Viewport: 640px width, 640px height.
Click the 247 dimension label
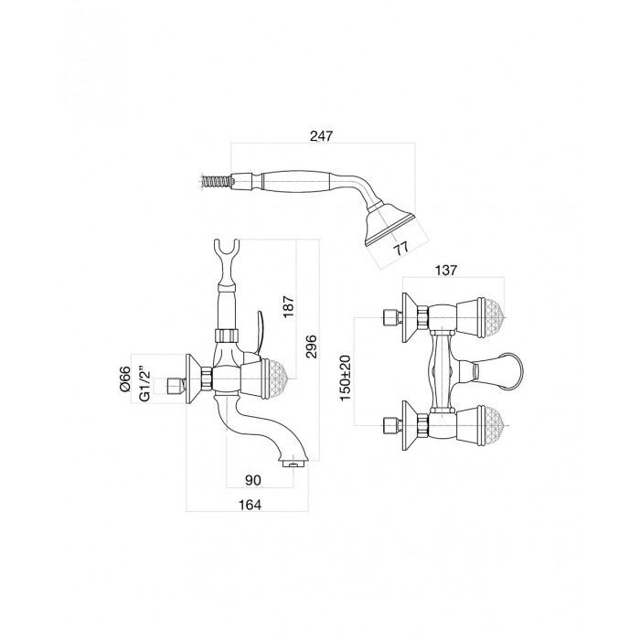[x=322, y=136]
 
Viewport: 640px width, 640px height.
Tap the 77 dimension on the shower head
[x=401, y=248]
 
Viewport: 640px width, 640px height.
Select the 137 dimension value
[x=446, y=271]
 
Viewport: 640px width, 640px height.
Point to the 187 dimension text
[x=288, y=307]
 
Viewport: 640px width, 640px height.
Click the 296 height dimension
[x=311, y=347]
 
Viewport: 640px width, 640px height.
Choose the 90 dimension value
[x=253, y=480]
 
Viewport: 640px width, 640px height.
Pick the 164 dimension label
[x=250, y=505]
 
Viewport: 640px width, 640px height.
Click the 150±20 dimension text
[x=346, y=378]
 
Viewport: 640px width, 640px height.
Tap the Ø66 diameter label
[x=125, y=379]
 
